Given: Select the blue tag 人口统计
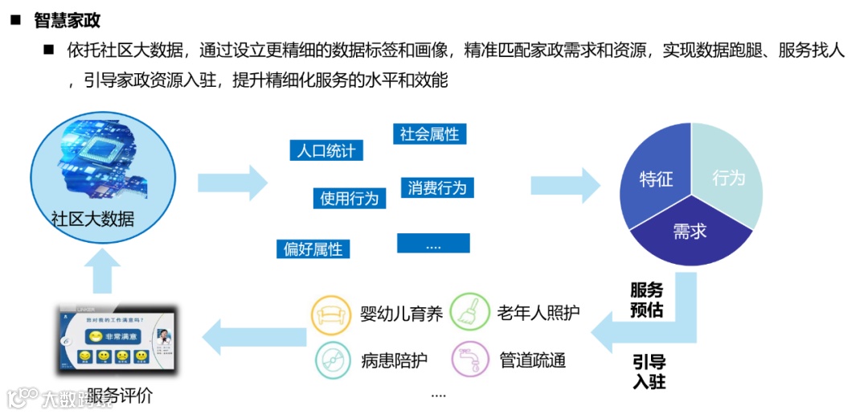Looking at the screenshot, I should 325,150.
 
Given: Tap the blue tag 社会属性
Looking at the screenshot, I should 429,134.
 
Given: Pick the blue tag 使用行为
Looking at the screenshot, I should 349,198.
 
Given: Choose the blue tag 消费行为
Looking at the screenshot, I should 436,188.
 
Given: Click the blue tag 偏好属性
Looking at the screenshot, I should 313,249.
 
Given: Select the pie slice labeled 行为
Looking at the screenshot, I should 728,178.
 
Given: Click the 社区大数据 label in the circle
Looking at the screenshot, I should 92,219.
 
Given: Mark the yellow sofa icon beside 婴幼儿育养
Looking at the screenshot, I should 330,313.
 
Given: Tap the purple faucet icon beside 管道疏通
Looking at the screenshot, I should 470,360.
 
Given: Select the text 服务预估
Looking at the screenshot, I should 646,300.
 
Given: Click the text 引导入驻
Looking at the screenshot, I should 649,372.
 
